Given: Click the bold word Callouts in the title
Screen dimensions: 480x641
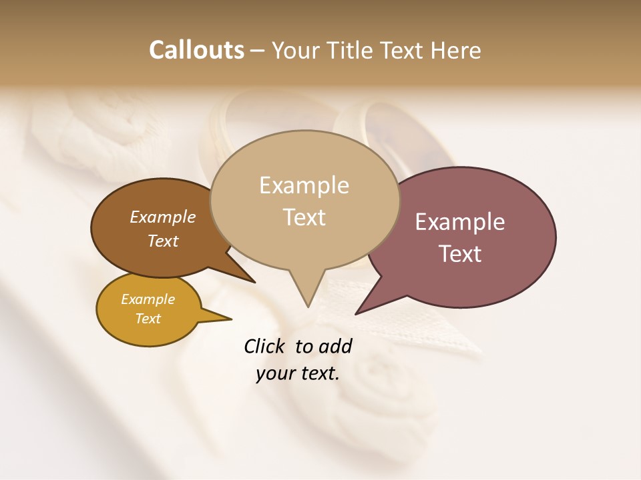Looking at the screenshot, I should (196, 50).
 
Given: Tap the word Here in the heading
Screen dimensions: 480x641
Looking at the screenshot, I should (457, 50).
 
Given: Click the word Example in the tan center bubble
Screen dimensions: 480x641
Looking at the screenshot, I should (304, 185).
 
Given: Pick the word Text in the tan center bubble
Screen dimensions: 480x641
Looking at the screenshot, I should (304, 217).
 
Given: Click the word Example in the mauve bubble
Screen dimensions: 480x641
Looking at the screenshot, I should (460, 222).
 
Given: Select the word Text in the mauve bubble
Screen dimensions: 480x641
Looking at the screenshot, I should (460, 254).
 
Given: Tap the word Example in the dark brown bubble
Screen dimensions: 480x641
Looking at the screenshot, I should (163, 217).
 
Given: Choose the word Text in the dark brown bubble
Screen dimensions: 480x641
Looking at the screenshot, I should (163, 241).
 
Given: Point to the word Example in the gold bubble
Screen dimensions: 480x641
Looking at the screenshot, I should (148, 299).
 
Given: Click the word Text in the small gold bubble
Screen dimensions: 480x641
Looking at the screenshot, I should (148, 319).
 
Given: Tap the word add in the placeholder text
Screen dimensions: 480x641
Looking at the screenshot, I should (336, 346).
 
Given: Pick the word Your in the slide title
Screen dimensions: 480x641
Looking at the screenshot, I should (294, 50).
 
